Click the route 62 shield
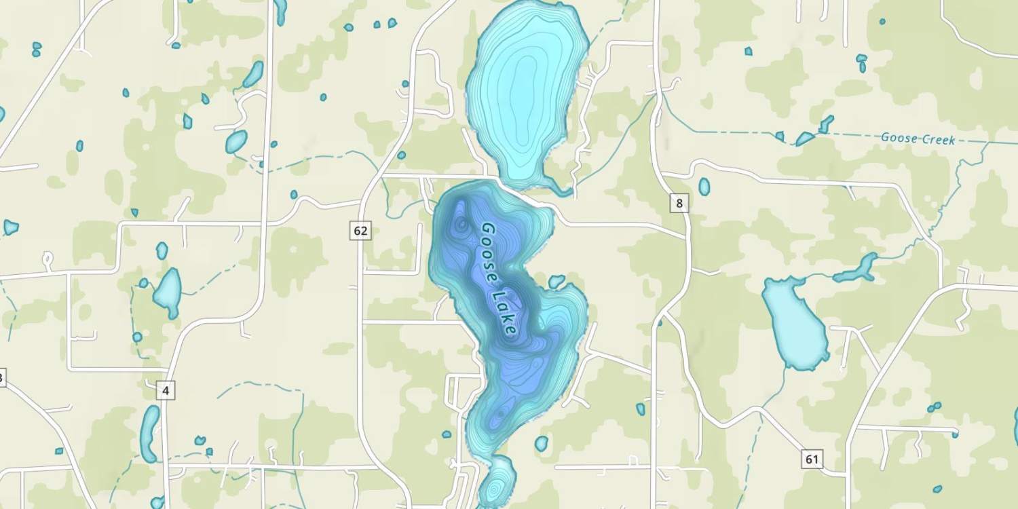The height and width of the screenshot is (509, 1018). tap(360, 231)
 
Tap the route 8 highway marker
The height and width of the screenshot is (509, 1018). tap(679, 202)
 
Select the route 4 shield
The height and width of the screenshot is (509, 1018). tap(166, 390)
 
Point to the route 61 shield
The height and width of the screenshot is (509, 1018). tap(812, 459)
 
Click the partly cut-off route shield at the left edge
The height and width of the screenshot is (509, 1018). tap(2, 378)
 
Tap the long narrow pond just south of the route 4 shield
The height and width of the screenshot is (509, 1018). tap(149, 433)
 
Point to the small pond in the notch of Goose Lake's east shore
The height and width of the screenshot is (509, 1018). tap(557, 281)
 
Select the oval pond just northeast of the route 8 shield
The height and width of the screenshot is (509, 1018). tap(704, 187)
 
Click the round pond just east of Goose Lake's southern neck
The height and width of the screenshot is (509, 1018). tap(541, 444)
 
